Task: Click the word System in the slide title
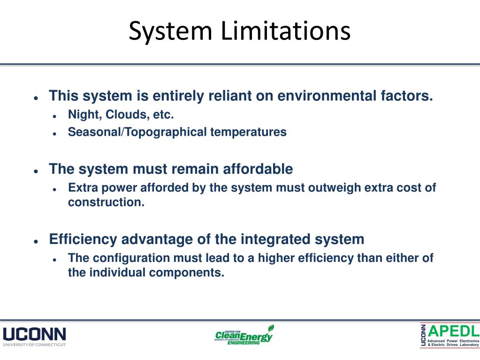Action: [x=170, y=31]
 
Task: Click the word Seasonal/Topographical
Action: [x=137, y=132]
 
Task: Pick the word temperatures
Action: [x=248, y=132]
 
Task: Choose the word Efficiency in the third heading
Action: [x=84, y=239]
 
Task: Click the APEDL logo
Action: [x=450, y=335]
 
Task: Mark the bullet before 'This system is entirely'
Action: [x=36, y=98]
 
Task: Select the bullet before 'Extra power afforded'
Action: [x=55, y=189]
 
